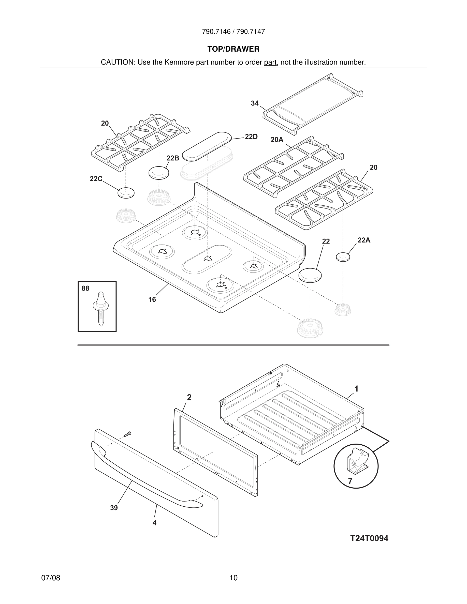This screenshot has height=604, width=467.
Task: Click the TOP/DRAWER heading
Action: (233, 49)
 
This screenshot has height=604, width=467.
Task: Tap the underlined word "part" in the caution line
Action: (270, 62)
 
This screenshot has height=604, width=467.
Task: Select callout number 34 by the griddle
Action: (255, 103)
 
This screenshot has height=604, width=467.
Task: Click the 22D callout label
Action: (251, 137)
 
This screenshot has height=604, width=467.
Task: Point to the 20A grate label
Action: (277, 140)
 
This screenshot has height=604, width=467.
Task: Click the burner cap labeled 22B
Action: (159, 173)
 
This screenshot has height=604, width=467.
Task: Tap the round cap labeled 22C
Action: (126, 192)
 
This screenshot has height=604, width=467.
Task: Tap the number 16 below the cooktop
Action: (152, 299)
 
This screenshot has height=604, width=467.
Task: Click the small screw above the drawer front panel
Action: (127, 434)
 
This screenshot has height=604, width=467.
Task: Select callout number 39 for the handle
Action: (114, 508)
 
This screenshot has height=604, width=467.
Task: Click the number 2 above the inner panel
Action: (189, 397)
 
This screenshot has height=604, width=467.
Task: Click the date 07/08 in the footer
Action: (51, 578)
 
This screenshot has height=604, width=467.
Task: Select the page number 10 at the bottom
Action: (233, 578)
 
